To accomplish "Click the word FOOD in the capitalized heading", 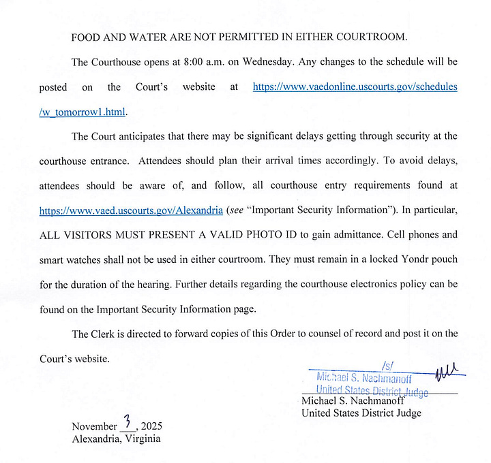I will pos(85,37).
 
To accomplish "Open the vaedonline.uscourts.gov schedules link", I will pos(355,87).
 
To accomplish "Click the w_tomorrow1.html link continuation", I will pos(83,112).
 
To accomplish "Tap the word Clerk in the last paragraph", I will pos(105,333).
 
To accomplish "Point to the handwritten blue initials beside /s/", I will pos(451,371).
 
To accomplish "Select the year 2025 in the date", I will pos(151,427).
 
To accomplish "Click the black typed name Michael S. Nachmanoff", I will pos(353,401).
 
